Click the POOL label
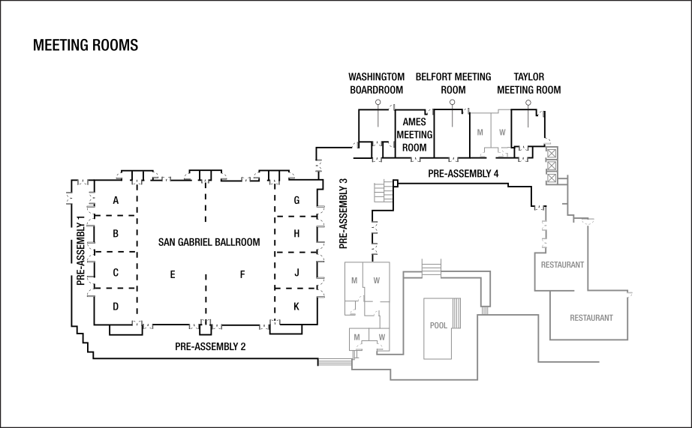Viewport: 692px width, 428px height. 439,325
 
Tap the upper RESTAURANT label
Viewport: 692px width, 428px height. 562,265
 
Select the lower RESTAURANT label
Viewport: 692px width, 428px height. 591,318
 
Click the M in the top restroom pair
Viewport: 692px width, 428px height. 480,133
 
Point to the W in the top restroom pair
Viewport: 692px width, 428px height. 502,133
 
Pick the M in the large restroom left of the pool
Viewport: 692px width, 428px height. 354,281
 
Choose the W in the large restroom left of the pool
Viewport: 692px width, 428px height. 376,281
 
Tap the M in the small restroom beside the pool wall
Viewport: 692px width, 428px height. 357,337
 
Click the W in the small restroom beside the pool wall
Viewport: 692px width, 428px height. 381,337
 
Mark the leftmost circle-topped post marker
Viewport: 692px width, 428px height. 378,103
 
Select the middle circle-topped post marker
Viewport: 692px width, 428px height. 453,103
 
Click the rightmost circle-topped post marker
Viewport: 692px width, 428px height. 528,103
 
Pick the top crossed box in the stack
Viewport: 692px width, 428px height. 552,153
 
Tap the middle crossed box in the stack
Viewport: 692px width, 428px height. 552,166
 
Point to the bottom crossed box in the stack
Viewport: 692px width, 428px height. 552,178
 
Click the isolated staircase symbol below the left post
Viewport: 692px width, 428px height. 383,191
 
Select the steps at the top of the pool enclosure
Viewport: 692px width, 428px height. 432,267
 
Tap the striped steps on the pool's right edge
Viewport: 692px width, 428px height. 456,313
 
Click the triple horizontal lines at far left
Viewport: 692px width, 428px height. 335,362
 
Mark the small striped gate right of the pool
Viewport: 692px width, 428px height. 485,310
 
